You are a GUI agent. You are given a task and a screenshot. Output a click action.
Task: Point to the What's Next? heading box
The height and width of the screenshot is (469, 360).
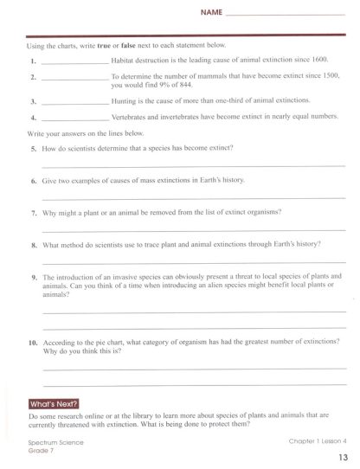[x=54, y=403]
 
